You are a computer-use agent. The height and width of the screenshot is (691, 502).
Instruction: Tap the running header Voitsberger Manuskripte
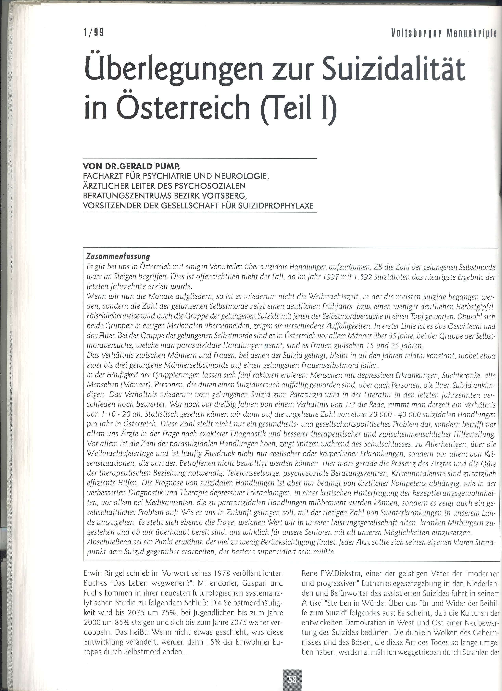point(444,33)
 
